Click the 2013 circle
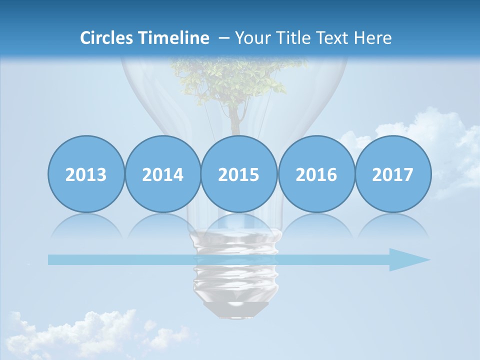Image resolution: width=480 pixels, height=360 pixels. [x=86, y=174]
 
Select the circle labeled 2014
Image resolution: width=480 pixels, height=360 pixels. [x=162, y=174]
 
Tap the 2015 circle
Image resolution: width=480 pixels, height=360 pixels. [x=239, y=174]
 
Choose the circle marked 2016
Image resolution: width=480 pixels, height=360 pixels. [x=316, y=174]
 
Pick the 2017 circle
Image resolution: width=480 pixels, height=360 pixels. [x=392, y=174]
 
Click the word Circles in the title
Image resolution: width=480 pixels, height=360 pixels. [x=107, y=38]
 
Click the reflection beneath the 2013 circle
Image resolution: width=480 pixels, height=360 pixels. [x=86, y=225]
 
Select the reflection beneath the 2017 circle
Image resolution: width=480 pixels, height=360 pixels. [x=392, y=225]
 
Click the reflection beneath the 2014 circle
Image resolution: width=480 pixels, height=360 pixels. [x=162, y=225]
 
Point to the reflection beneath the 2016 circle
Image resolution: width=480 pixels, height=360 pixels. [x=316, y=225]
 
